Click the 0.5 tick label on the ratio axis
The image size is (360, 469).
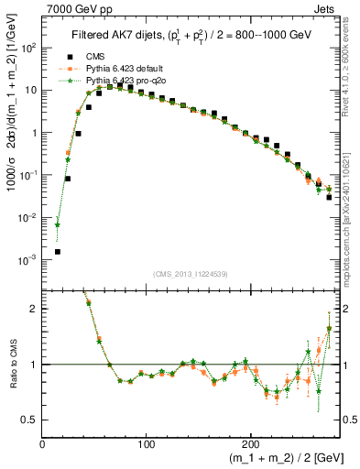(x=29, y=420)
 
